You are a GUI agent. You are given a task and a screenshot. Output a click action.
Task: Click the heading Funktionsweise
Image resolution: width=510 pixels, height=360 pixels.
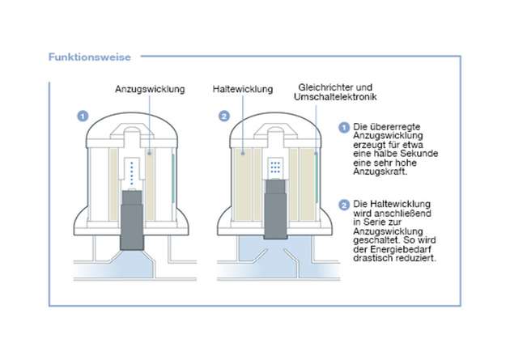coord(84,57)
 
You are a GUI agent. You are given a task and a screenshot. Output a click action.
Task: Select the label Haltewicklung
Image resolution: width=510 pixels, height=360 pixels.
coord(241,90)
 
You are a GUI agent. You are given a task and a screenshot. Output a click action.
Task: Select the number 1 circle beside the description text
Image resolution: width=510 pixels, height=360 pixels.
coord(343,128)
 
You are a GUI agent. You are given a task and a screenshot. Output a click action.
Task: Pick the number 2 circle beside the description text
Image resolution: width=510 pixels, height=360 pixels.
coord(343,203)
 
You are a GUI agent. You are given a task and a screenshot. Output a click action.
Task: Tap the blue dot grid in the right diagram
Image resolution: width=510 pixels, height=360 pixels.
coord(275,167)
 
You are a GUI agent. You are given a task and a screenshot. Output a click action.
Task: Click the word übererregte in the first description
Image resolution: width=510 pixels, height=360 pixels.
coord(390,128)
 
